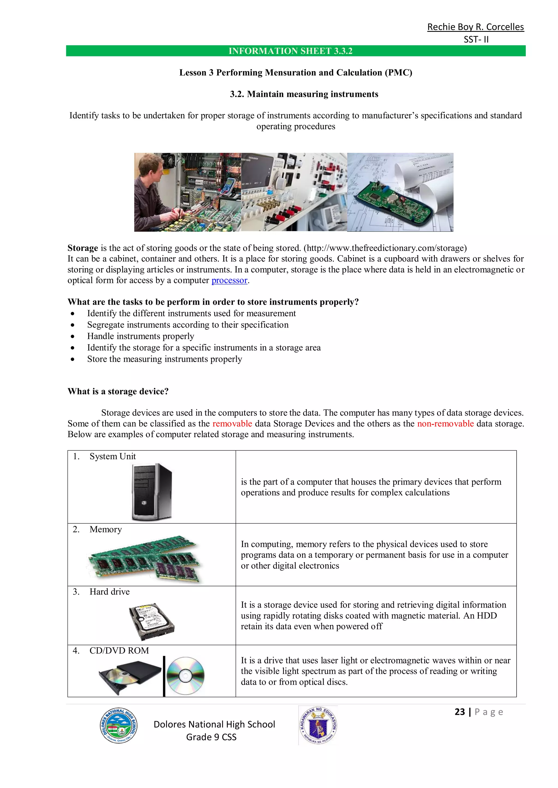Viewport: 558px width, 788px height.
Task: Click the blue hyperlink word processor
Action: pos(229,281)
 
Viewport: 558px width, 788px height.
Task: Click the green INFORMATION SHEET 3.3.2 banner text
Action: pos(290,51)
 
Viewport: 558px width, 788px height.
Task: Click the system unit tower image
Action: pos(151,491)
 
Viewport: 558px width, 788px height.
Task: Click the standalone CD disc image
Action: pos(185,676)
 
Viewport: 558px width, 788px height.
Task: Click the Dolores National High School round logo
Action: pos(119,726)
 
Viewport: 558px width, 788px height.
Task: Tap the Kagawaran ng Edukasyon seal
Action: pos(318,725)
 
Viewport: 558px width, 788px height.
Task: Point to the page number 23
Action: pos(459,712)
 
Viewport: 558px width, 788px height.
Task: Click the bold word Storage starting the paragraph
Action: pos(83,248)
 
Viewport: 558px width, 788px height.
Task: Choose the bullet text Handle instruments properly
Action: pos(140,336)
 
